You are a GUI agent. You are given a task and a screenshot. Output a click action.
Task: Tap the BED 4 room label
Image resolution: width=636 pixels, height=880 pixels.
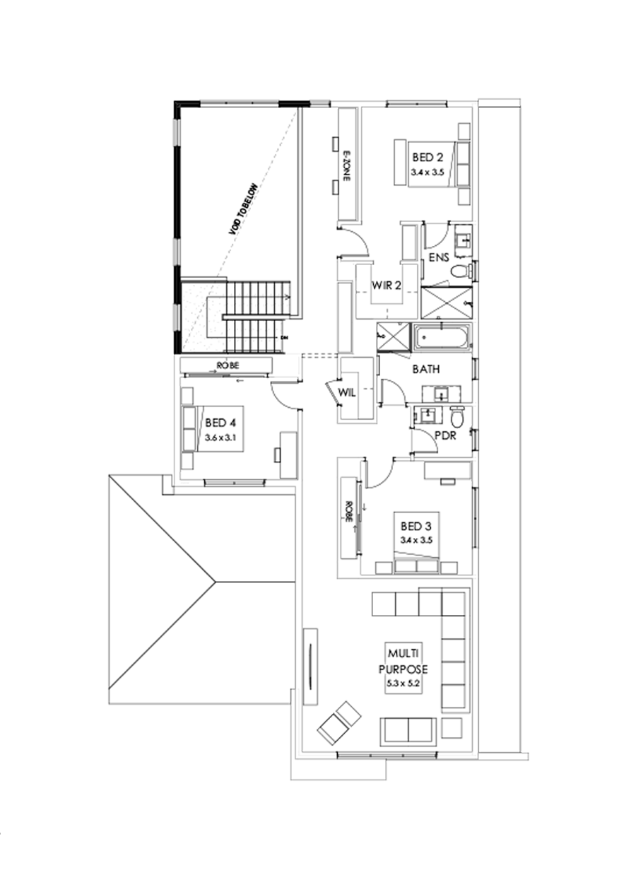(x=220, y=423)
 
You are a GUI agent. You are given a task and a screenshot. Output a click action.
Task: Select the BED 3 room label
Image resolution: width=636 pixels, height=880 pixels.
(x=416, y=526)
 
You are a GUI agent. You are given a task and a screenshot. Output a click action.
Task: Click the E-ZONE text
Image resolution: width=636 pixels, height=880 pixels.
(x=347, y=167)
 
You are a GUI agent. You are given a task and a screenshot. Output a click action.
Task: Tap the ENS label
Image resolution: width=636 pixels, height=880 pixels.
(x=439, y=258)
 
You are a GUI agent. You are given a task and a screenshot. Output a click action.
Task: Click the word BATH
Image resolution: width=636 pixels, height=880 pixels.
(x=426, y=369)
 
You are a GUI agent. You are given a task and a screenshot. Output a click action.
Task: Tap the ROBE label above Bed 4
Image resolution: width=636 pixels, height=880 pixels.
(x=228, y=365)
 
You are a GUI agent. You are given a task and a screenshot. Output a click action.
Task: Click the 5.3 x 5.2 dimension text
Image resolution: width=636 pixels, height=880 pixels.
(x=403, y=684)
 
